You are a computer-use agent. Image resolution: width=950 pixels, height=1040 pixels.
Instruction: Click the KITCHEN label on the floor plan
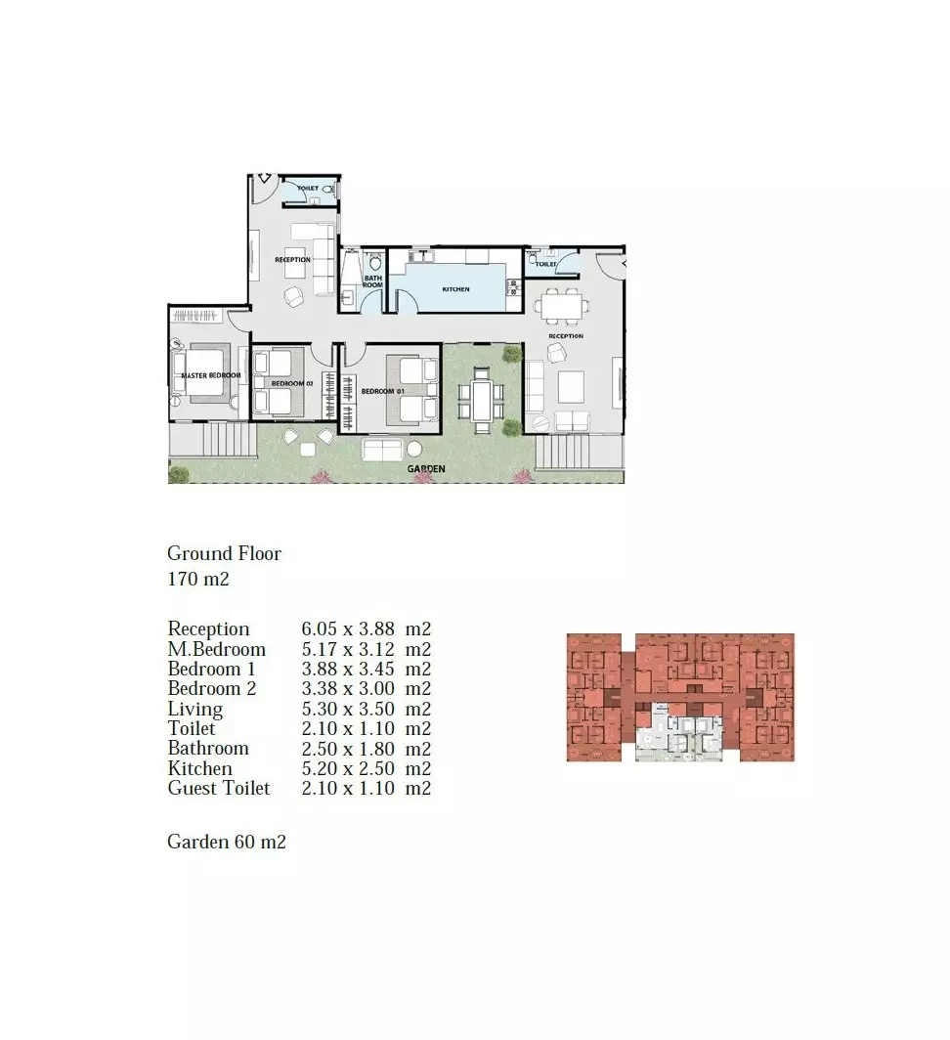coord(455,289)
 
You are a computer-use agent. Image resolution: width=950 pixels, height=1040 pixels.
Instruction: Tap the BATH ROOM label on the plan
coord(373,282)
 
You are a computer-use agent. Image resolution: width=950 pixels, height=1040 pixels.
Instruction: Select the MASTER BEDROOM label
coord(210,375)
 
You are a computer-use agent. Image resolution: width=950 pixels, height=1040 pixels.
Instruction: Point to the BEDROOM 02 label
coord(291,383)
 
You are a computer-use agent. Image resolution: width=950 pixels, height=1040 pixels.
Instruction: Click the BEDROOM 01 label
coord(383,391)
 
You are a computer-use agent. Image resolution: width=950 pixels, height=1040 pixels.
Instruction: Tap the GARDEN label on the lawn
coord(427,469)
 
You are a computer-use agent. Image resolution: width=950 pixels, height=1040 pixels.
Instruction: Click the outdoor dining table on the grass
coord(482,399)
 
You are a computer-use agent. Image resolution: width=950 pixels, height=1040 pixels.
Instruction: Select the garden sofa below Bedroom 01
coord(381,450)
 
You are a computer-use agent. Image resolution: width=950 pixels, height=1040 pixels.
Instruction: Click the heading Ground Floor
coord(224,553)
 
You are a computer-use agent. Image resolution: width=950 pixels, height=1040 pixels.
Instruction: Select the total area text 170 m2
coord(198,579)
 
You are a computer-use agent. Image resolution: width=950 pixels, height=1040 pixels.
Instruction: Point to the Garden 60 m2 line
coord(227,842)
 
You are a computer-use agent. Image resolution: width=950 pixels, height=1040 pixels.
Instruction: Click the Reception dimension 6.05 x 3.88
coord(367,629)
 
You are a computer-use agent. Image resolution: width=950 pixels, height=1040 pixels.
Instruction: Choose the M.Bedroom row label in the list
coord(216,650)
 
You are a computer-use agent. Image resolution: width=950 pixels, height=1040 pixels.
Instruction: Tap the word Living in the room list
coord(194,710)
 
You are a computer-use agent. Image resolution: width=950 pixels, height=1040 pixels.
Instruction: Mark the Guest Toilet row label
coord(218,789)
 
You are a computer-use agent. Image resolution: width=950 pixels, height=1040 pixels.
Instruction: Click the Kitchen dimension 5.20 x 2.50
coord(367,769)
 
